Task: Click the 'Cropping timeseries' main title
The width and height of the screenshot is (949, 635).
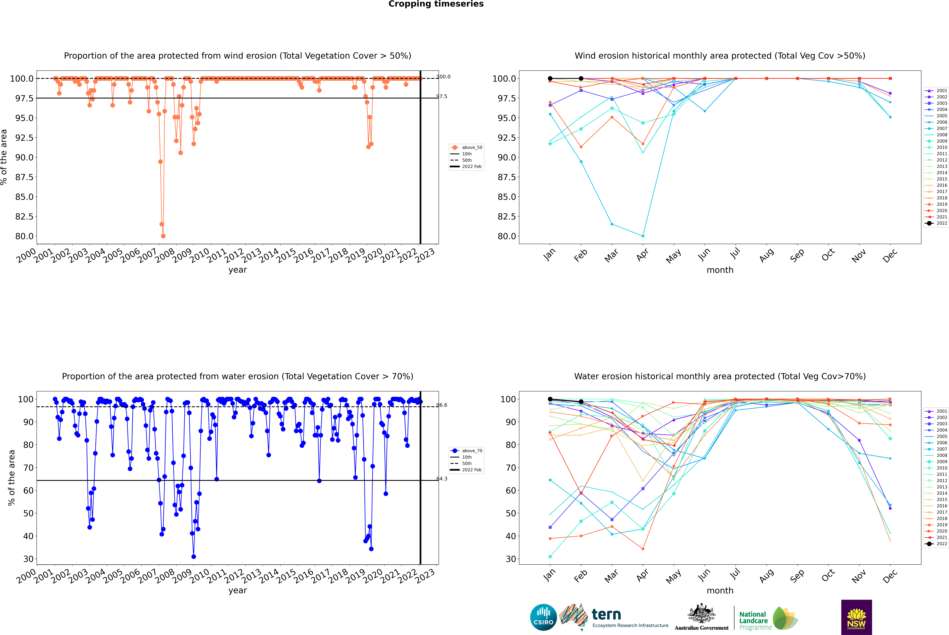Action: point(436,4)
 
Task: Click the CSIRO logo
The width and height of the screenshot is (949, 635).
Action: point(543,617)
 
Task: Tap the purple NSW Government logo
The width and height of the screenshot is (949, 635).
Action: point(856,617)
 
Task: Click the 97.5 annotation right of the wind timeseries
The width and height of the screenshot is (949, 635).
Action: point(442,96)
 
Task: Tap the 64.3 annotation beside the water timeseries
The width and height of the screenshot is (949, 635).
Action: point(442,479)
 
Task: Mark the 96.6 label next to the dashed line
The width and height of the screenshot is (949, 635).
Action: point(442,405)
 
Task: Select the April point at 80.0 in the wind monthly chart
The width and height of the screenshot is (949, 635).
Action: point(643,236)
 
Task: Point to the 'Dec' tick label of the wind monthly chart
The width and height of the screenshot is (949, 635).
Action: point(890,256)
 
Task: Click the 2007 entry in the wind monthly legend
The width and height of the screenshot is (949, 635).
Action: point(941,128)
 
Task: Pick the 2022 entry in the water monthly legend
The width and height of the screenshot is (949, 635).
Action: point(941,544)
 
